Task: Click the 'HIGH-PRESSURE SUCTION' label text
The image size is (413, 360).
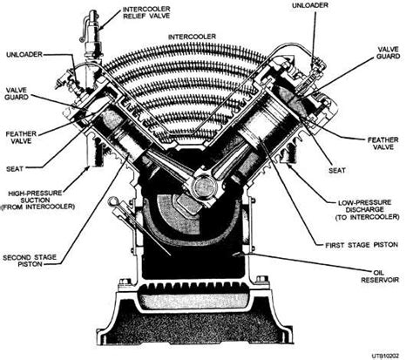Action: point(49,202)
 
